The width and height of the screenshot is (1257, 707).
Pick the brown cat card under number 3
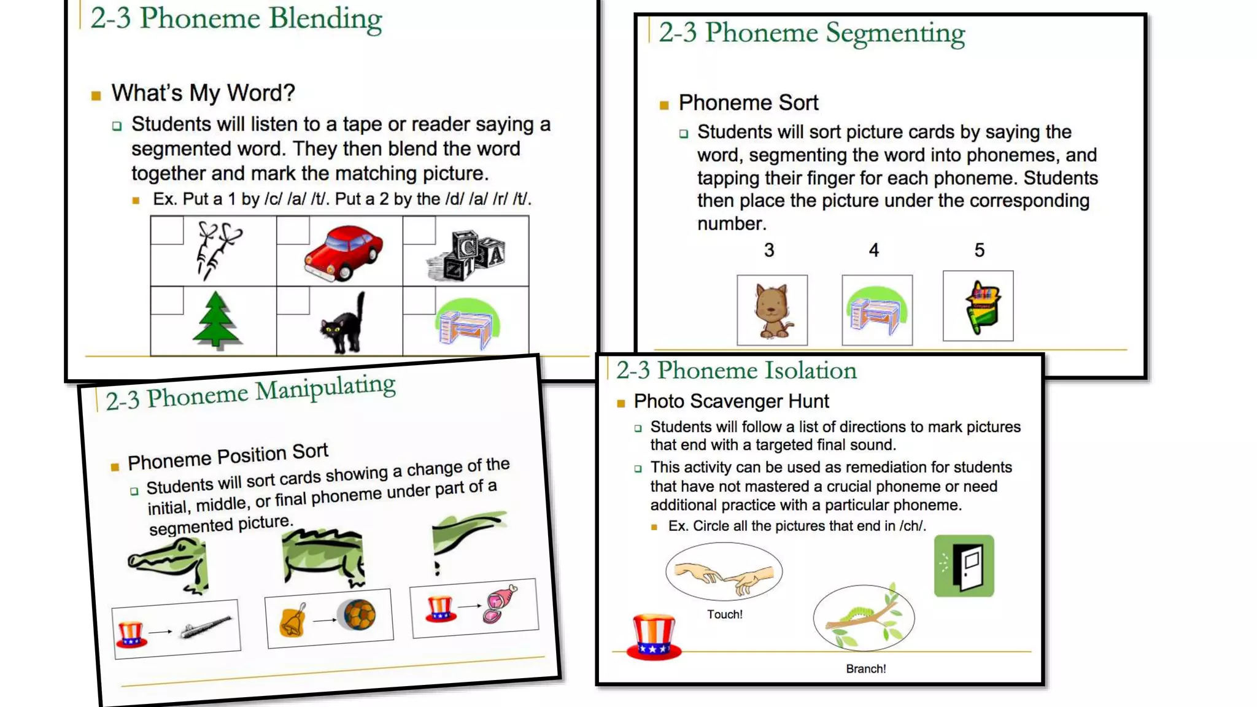772,311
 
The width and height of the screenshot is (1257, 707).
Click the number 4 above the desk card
874,250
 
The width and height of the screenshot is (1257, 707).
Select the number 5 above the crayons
980,250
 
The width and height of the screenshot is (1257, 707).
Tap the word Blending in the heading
325,18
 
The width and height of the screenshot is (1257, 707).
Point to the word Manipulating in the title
325,388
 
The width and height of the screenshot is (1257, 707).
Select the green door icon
964,566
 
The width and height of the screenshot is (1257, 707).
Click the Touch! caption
724,614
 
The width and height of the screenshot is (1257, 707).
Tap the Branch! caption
865,669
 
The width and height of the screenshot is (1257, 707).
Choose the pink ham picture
501,604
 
